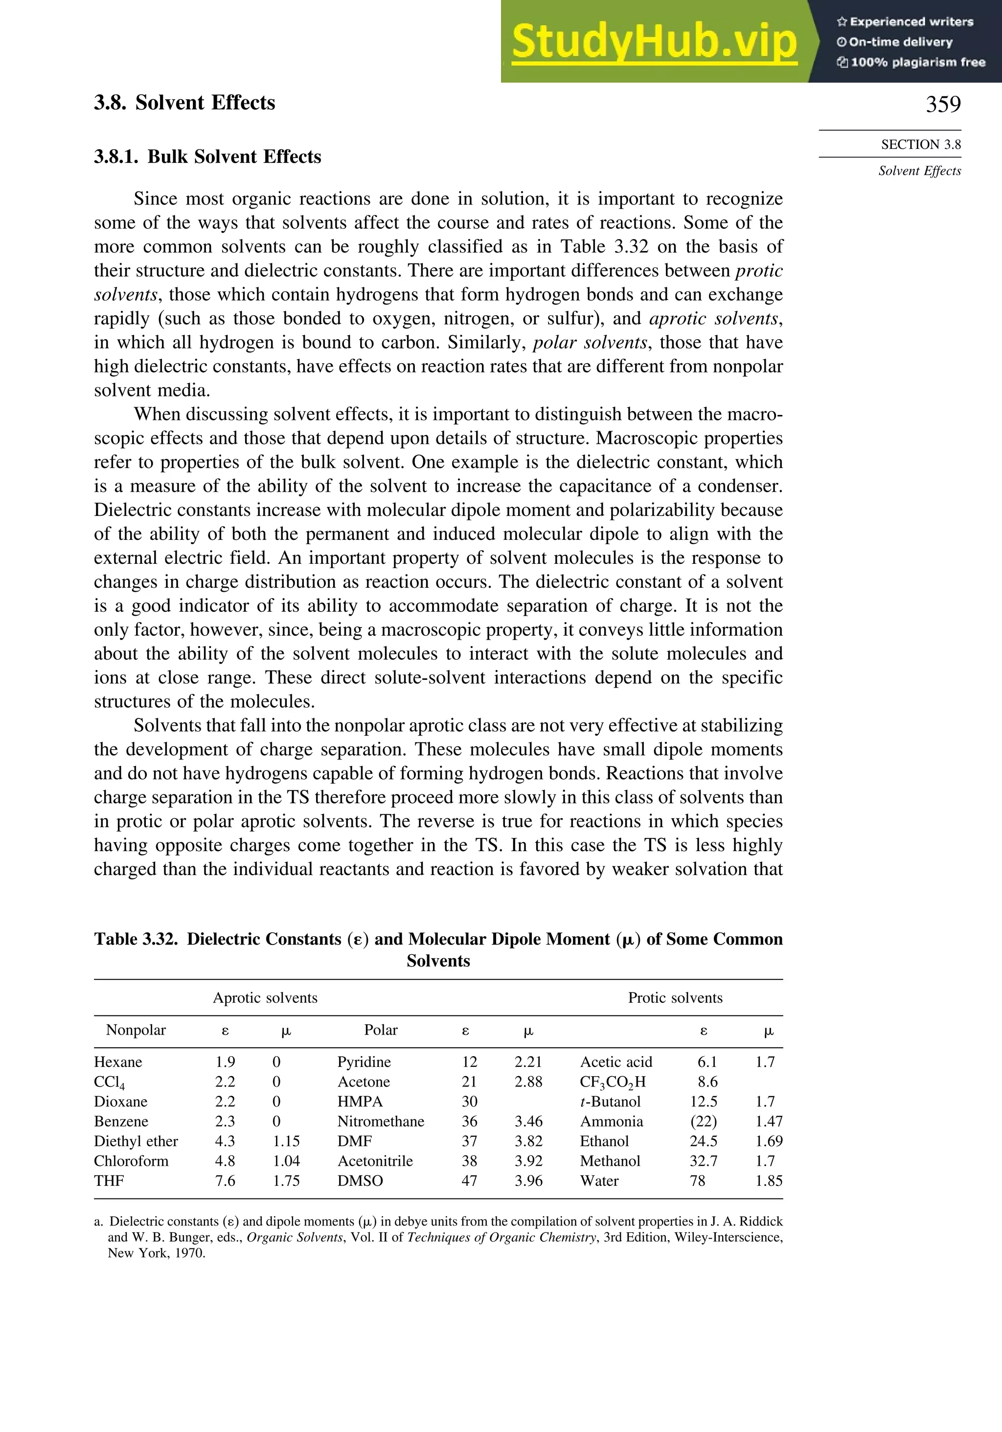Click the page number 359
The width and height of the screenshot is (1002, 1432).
click(x=943, y=104)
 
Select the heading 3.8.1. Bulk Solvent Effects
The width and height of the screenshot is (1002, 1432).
click(x=207, y=157)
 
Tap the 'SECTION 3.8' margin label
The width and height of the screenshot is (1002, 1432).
click(x=920, y=145)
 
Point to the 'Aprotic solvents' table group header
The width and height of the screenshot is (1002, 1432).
click(x=265, y=998)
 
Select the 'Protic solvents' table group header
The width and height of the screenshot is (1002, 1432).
click(x=675, y=998)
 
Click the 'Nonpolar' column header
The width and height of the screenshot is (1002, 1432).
click(x=136, y=1030)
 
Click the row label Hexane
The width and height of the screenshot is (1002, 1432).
click(x=118, y=1062)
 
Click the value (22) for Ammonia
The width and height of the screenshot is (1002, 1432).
click(x=704, y=1121)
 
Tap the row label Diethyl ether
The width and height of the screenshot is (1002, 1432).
click(x=136, y=1141)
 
